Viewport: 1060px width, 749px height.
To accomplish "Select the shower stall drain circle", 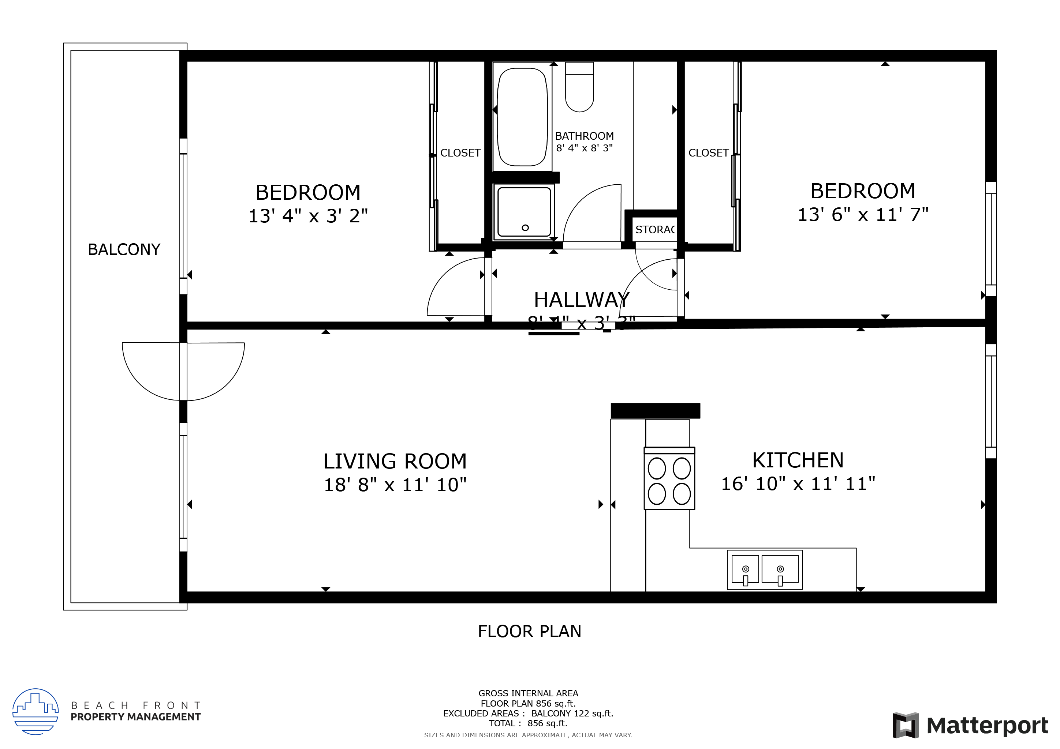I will [525, 228].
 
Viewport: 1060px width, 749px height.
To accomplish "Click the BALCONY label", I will [124, 249].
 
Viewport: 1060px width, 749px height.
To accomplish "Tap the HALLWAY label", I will [581, 300].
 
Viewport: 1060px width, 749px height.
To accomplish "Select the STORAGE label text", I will [655, 230].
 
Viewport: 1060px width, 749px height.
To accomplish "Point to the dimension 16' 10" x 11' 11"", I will [798, 484].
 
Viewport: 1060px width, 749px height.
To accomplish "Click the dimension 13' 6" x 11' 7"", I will [862, 214].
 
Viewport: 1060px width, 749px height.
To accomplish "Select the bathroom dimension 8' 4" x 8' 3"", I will [584, 148].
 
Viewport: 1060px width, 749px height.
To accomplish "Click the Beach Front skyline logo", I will [36, 711].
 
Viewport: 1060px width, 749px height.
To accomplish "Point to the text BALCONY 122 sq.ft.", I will [572, 714].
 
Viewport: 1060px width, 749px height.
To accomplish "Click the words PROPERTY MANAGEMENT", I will [135, 717].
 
